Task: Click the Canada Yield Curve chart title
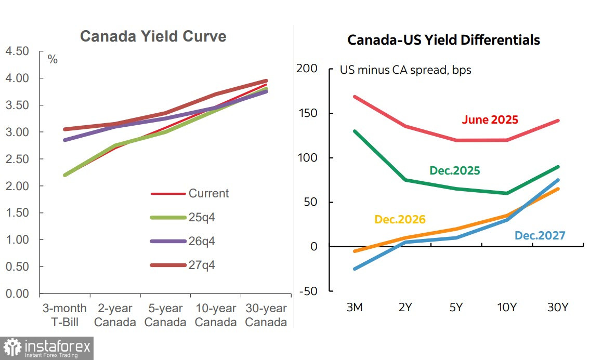[153, 36]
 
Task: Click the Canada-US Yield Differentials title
[443, 40]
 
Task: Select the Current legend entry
[208, 193]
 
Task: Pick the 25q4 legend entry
[201, 217]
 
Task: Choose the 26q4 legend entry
[201, 241]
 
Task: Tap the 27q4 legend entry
[201, 265]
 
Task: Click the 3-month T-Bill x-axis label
[64, 315]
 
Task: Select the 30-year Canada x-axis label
[266, 315]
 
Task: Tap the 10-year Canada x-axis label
[215, 315]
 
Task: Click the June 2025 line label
[490, 119]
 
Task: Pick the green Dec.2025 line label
[454, 170]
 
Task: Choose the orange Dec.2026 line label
[400, 219]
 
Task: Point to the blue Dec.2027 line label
[540, 235]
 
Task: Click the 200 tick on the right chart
[307, 69]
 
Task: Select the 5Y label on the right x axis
[456, 307]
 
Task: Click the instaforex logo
[47, 348]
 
